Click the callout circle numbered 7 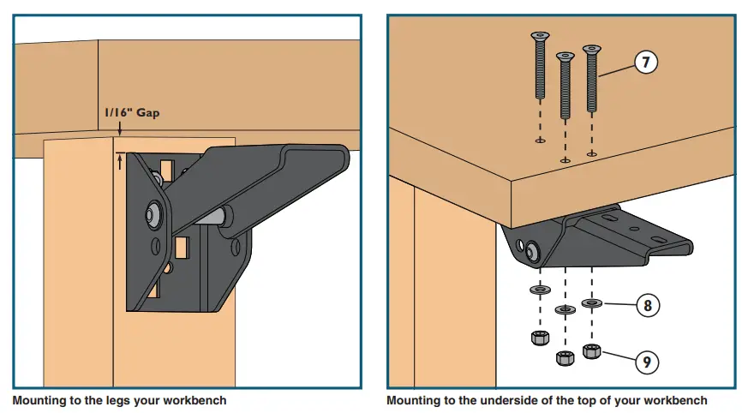(x=646, y=63)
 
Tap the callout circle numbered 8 (x=647, y=306)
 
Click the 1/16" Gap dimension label (x=132, y=112)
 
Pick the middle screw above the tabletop (x=564, y=86)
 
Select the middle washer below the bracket (x=564, y=309)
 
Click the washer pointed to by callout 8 (x=590, y=302)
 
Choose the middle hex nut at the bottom (x=564, y=357)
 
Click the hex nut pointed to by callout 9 (x=590, y=350)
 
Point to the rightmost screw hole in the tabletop (x=591, y=153)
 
